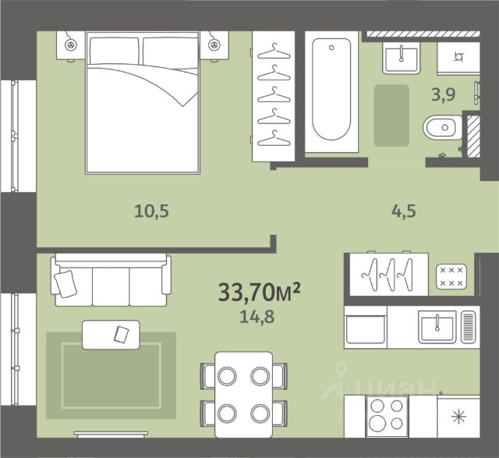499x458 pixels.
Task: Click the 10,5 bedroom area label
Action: tap(151, 211)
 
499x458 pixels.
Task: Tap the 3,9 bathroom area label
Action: tap(443, 94)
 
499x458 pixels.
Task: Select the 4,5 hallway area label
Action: tap(404, 211)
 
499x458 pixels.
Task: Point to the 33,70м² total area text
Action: tap(259, 292)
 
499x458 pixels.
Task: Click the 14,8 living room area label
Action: tap(257, 317)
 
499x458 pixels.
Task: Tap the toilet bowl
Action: tap(442, 128)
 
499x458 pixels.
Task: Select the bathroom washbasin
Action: tap(401, 58)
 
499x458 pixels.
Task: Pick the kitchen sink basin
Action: tap(437, 327)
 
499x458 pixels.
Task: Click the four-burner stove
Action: tap(387, 417)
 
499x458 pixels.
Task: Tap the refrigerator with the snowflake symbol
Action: tap(458, 417)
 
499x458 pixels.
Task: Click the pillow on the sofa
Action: tap(65, 284)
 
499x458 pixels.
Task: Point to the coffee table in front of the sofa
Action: tap(111, 335)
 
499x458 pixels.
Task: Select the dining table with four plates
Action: tap(244, 395)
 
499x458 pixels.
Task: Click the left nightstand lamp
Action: tap(70, 45)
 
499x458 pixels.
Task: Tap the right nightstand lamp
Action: tap(214, 45)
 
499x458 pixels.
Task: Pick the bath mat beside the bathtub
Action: tap(391, 115)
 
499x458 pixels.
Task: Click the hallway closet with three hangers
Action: tap(389, 274)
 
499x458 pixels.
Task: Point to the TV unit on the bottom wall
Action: tap(111, 434)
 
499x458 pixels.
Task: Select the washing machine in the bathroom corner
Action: tap(458, 58)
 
